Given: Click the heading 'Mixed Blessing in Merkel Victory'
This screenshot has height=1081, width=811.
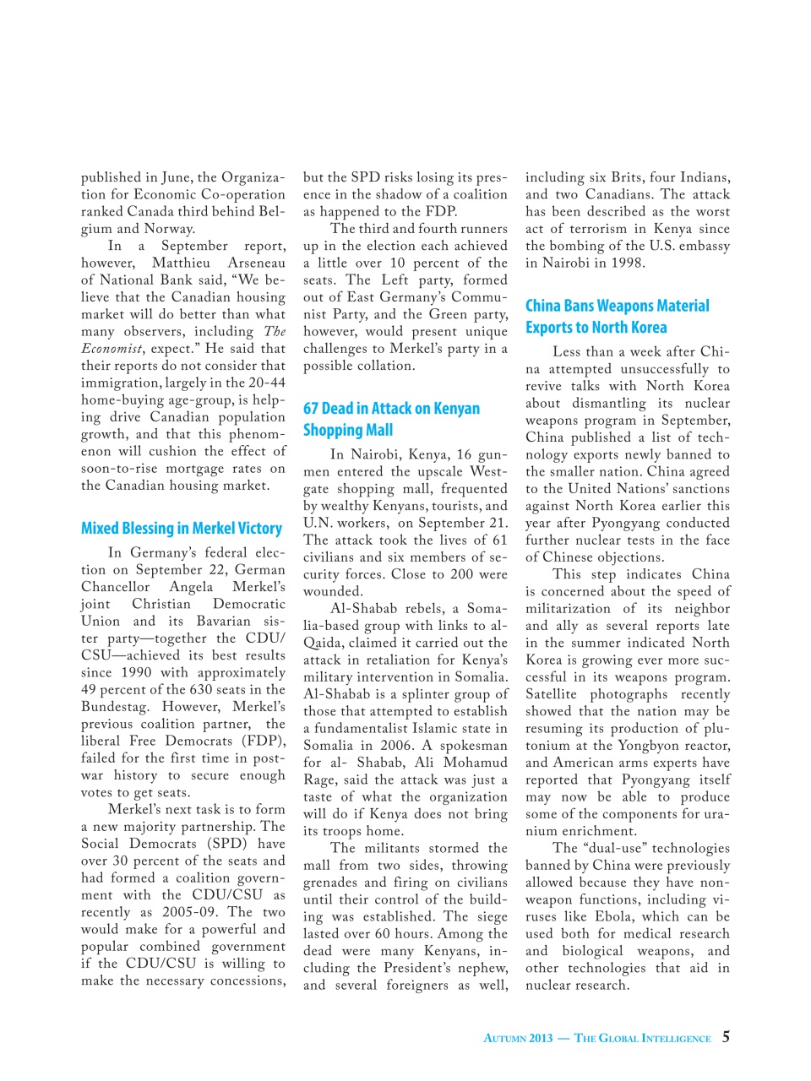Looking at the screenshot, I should point(182,529).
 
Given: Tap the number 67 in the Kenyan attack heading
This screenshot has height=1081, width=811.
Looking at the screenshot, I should point(311,409).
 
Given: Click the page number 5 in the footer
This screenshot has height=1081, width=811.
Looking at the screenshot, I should point(726,1037).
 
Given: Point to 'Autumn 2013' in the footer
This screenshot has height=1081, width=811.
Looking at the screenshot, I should point(518,1038).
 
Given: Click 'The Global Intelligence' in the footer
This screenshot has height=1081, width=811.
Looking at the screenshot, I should point(642,1038).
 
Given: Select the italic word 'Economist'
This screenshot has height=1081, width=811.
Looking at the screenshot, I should point(112,349).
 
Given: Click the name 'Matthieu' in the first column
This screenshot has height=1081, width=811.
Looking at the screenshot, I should point(181,263).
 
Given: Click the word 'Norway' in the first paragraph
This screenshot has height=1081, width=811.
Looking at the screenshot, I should point(170,229).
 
